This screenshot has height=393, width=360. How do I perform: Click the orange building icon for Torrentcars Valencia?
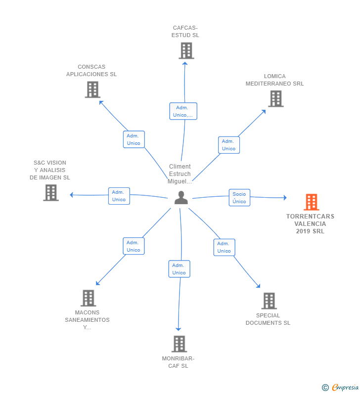[x=312, y=202]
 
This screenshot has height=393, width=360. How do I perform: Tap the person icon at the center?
[x=181, y=198]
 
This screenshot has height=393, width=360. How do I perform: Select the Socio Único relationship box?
[x=239, y=198]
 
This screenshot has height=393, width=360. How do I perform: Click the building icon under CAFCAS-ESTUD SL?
[x=186, y=50]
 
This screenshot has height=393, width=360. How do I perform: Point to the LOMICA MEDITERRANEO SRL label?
[x=274, y=80]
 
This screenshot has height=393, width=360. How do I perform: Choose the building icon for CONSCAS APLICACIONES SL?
[x=92, y=89]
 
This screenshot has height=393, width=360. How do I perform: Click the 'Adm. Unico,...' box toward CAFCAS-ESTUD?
[x=183, y=111]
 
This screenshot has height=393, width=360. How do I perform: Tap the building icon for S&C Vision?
[x=51, y=193]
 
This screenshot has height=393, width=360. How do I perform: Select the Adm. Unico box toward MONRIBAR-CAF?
[x=179, y=269]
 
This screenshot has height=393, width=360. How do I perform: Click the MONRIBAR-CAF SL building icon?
[x=179, y=344]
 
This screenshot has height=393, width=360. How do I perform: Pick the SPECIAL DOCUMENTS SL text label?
[x=268, y=319]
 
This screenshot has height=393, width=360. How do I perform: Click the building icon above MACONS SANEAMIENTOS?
[x=88, y=298]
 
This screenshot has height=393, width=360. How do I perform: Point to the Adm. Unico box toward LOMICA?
[x=229, y=145]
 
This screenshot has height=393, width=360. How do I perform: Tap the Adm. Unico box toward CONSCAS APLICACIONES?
[x=134, y=139]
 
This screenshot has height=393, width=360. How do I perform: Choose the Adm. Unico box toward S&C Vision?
[x=119, y=196]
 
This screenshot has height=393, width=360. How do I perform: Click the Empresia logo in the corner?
[x=340, y=387]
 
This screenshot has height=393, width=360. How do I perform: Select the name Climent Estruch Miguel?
[x=180, y=174]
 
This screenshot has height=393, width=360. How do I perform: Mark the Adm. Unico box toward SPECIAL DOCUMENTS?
[x=225, y=247]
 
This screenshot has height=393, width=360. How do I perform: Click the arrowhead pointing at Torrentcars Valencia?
[x=285, y=198]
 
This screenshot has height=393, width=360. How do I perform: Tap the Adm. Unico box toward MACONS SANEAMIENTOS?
[x=134, y=246]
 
